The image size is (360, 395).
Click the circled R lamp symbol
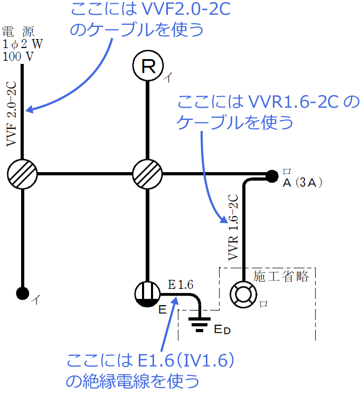[148, 67]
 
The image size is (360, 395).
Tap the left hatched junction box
[23, 173]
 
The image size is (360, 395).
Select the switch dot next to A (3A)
[271, 175]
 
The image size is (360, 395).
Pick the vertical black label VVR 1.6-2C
[233, 228]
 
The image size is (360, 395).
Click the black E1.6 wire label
[181, 285]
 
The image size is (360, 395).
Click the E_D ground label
[222, 330]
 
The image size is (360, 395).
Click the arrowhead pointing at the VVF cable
[30, 110]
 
